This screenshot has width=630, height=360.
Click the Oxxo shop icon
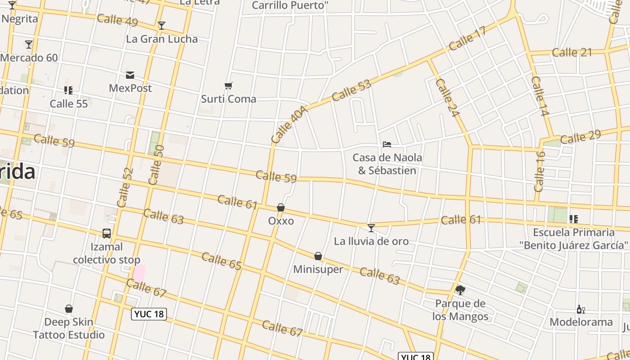[281, 207]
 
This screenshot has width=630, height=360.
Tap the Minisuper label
[318, 269]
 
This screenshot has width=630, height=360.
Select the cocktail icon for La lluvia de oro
[371, 228]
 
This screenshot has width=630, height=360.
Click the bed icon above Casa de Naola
[387, 144]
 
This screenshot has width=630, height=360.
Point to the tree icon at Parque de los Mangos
[460, 290]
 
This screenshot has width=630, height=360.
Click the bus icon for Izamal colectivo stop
[107, 234]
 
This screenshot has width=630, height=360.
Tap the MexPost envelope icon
[130, 75]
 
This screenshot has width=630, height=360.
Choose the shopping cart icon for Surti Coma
[229, 85]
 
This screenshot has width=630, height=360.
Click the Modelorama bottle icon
[580, 309]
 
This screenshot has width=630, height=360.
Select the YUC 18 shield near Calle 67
[149, 314]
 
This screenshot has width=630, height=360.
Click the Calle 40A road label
[289, 125]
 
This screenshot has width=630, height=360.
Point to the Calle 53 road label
[351, 90]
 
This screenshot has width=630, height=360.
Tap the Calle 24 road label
[447, 98]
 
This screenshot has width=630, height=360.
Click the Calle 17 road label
[468, 38]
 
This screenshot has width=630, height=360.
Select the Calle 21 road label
[572, 52]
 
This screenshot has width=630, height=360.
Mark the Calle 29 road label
[580, 137]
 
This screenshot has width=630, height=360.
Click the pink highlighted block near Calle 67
[139, 273]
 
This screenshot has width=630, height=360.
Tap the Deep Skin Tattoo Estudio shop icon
[69, 309]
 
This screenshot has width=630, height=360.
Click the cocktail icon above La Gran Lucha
[162, 26]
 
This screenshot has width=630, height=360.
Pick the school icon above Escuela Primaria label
[573, 219]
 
